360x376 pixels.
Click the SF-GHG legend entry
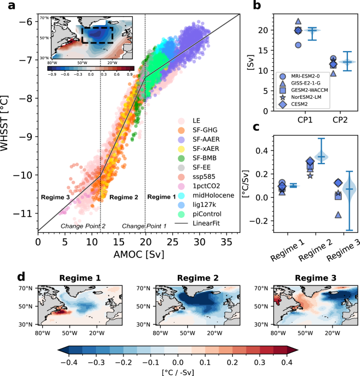click(x=198, y=130)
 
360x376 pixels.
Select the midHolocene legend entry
click(x=206, y=195)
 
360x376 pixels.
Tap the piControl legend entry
click(x=200, y=214)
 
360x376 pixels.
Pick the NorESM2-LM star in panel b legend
click(x=283, y=97)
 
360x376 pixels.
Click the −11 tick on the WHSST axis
click(x=22, y=213)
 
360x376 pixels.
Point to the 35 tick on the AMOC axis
click(x=226, y=242)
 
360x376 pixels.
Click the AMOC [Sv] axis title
click(x=139, y=255)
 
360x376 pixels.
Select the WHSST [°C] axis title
click(x=4, y=124)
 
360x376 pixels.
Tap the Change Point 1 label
click(x=144, y=226)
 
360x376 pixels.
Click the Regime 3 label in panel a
click(x=55, y=198)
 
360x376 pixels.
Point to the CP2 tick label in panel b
click(x=340, y=120)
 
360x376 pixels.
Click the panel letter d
click(x=21, y=277)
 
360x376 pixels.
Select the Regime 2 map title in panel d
click(x=198, y=278)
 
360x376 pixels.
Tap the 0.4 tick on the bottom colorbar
click(x=286, y=362)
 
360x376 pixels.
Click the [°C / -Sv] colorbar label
click(x=178, y=372)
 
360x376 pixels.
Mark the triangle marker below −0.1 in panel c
click(x=338, y=215)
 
